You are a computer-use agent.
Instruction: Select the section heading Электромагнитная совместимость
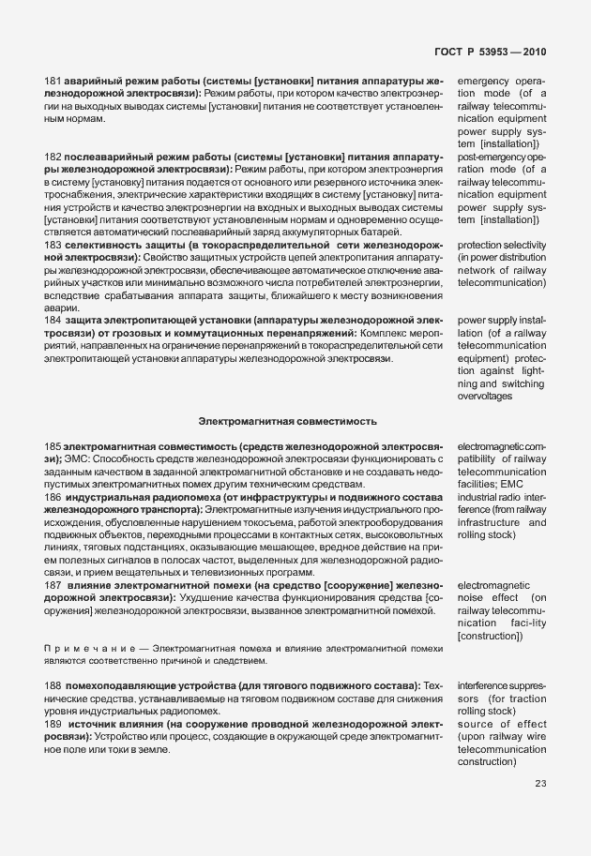click(x=288, y=422)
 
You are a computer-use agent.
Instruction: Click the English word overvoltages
click(x=485, y=397)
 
